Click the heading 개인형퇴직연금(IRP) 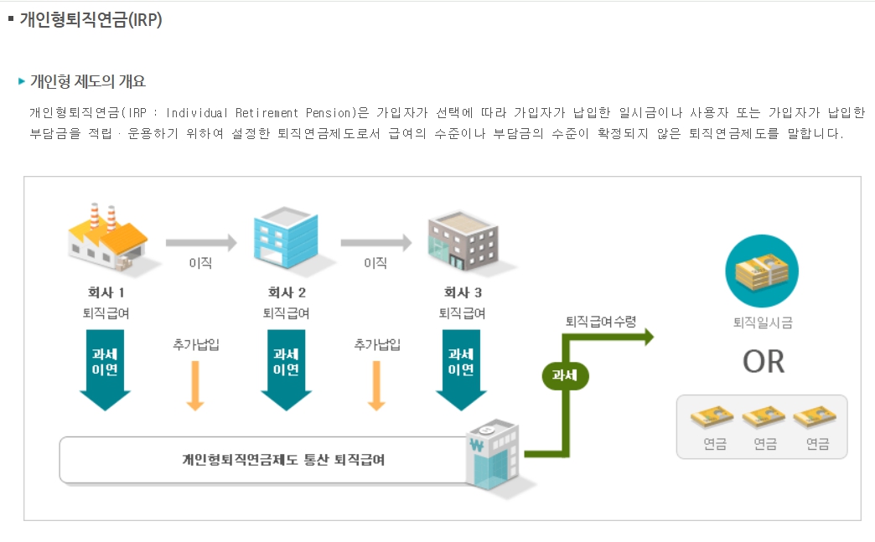(91, 20)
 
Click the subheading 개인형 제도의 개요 (87, 81)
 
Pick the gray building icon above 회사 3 (462, 239)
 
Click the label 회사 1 (101, 293)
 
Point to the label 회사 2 (286, 293)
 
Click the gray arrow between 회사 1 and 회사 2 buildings (201, 244)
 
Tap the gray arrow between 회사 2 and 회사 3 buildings (375, 244)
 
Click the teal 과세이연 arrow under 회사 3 (461, 369)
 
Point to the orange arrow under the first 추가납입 (195, 385)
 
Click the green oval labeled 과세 (566, 374)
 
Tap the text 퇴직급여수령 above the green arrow (601, 321)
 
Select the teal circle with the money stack (762, 271)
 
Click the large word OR (763, 361)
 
